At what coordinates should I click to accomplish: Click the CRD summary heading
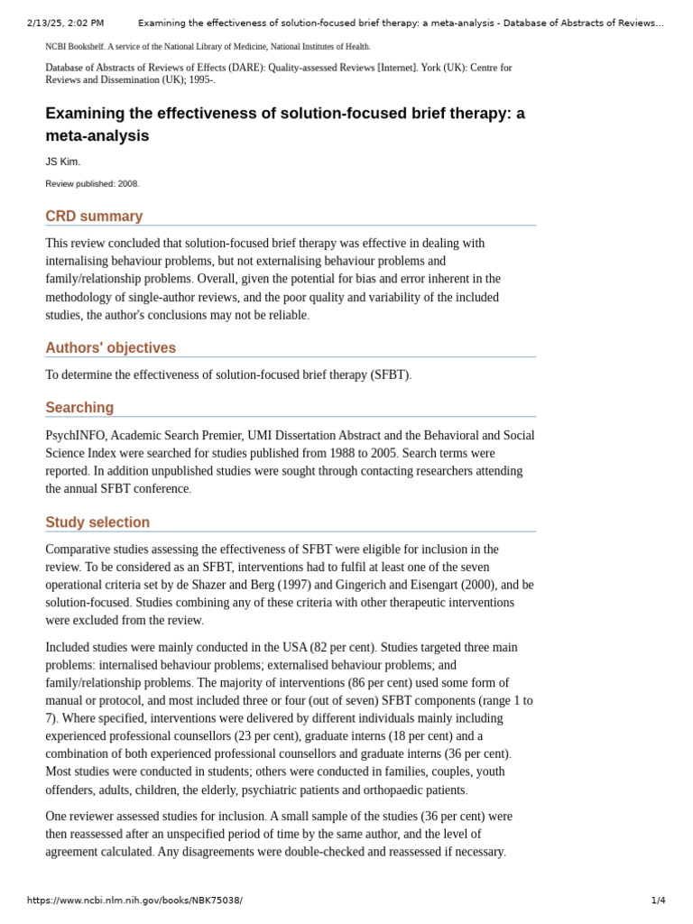click(x=94, y=217)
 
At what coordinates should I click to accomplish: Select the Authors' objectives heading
click(x=110, y=348)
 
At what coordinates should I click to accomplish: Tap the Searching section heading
click(x=79, y=408)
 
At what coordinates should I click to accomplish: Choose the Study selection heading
click(x=97, y=522)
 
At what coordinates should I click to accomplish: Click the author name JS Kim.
click(x=62, y=162)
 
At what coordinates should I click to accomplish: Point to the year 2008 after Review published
click(x=127, y=184)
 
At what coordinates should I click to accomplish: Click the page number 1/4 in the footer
click(x=658, y=901)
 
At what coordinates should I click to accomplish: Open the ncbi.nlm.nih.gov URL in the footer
click(x=134, y=901)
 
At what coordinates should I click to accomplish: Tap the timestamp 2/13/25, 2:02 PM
click(x=65, y=23)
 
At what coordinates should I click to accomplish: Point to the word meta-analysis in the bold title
click(x=97, y=136)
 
